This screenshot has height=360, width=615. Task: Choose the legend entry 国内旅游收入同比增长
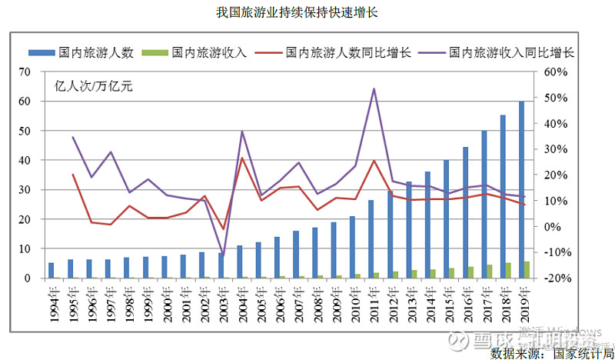511,53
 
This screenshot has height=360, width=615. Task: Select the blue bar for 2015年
447,218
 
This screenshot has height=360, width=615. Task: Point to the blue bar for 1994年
51,270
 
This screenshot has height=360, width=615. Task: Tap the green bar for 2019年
527,270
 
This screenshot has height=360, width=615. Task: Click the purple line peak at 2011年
374,88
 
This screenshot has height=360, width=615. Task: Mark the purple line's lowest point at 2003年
223,253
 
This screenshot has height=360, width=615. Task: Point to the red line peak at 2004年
242,158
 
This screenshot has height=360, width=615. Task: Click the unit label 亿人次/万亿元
93,85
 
